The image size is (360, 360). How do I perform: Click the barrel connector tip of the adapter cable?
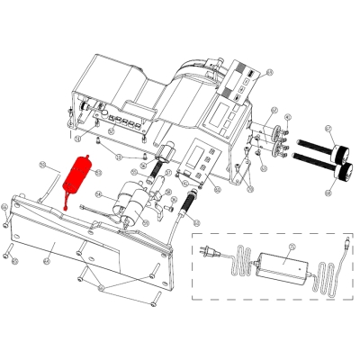[346, 242]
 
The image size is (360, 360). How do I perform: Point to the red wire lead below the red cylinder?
[68, 202]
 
